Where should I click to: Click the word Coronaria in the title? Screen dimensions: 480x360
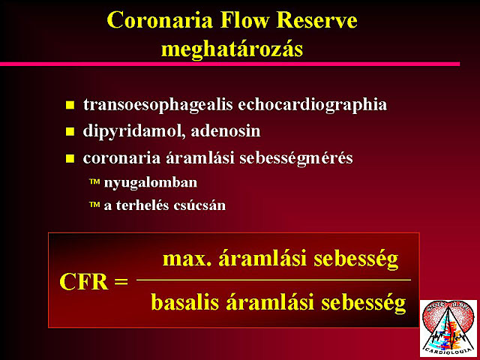coord(160,20)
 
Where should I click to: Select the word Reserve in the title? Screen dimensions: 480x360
coord(316,20)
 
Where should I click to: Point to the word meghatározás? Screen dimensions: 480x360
coord(232,49)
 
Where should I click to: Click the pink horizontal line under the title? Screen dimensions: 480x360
coord(230,64)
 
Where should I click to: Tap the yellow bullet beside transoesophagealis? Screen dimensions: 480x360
coord(70,105)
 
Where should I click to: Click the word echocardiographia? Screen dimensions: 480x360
coord(312,105)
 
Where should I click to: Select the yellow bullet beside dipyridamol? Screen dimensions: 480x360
coord(70,132)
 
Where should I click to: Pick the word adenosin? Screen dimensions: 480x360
coord(226,131)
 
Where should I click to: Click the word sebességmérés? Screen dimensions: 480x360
coord(296,158)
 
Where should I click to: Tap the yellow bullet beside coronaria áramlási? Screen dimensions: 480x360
coord(70,158)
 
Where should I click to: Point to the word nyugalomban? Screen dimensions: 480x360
coord(151,183)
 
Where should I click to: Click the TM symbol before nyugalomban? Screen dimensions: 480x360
coord(94,181)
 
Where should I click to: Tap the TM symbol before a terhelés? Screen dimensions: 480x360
coord(94,204)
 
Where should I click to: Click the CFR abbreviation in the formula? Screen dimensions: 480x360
coord(84,282)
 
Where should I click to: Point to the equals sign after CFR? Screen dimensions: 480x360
coord(121,281)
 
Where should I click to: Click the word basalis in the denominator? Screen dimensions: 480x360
coord(185,302)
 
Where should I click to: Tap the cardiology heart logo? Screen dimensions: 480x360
coord(448,328)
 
